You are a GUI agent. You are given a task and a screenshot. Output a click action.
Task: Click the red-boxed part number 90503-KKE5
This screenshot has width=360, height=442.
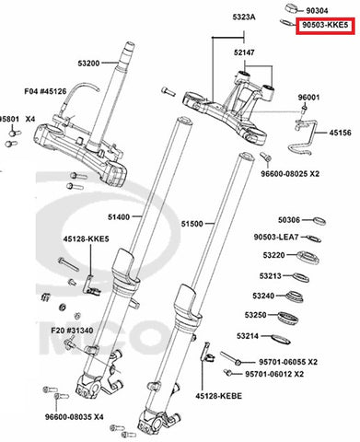(x=325, y=25)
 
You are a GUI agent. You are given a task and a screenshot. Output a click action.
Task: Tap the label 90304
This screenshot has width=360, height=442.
(x=317, y=11)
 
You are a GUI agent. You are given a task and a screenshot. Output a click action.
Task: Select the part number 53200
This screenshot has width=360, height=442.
(x=88, y=64)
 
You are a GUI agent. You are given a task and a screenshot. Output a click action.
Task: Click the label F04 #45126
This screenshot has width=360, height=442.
(x=45, y=91)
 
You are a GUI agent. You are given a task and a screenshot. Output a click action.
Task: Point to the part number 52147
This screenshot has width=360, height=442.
(x=244, y=52)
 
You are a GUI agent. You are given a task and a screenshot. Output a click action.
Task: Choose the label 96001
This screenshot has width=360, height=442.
(x=308, y=98)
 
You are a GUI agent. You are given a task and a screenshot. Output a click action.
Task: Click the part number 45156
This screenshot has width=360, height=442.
(x=341, y=133)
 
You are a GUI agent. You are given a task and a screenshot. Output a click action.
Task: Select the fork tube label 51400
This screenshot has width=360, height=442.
(x=119, y=217)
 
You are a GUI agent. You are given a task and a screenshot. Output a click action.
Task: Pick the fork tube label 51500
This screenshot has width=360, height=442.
(x=192, y=224)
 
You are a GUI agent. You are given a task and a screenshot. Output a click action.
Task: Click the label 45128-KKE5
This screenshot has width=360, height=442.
(x=87, y=238)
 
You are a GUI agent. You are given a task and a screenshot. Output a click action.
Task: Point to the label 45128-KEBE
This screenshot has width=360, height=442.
(x=219, y=396)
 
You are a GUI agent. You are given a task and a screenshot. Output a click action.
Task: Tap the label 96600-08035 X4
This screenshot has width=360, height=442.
(x=75, y=417)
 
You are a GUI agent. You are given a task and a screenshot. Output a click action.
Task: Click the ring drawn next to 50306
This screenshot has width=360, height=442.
(x=319, y=221)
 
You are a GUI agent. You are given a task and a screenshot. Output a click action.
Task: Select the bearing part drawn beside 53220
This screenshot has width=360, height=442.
(x=308, y=257)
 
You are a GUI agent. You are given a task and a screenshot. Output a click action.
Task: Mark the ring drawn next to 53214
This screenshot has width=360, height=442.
(x=281, y=339)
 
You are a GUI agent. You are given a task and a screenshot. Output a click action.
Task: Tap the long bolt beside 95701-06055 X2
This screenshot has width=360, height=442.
(x=230, y=359)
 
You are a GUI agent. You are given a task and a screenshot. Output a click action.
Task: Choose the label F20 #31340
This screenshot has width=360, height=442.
(x=72, y=331)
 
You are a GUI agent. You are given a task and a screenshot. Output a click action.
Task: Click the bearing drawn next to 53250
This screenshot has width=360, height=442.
(x=288, y=318)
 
